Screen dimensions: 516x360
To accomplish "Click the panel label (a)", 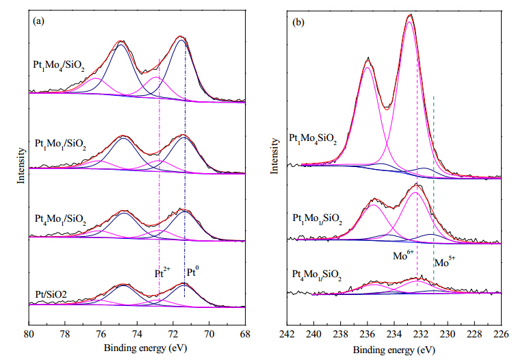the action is tap(38, 22).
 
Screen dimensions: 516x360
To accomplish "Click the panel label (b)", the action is tap(298, 23).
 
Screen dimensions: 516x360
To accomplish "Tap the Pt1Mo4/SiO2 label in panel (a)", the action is tap(59, 65).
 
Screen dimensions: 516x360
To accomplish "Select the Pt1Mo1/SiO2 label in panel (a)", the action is tap(60, 144).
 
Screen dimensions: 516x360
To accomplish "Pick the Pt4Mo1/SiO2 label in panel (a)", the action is tap(60, 219).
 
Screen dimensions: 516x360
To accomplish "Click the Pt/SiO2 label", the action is tap(51, 294).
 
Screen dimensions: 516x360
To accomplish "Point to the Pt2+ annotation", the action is tap(163, 272).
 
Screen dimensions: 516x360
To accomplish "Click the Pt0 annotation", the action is tap(193, 272).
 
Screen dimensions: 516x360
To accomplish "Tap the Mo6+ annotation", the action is tap(403, 255).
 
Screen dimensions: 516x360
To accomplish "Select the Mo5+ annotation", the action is tap(445, 262).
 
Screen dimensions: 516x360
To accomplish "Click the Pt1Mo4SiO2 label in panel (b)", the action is tap(313, 138).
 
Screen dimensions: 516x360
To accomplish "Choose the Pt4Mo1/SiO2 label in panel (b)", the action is tap(317, 275).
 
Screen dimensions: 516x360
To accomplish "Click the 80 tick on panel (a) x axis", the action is tap(29, 334).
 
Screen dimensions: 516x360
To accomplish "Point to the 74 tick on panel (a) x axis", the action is tap(138, 334).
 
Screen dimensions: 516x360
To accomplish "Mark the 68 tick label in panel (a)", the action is tap(245, 334).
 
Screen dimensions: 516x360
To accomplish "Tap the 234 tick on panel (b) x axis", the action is tap(394, 335).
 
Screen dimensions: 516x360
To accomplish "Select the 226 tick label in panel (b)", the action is tap(501, 335).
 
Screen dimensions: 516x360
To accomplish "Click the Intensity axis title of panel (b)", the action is tap(274, 156).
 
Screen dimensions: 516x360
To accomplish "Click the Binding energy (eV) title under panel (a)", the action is tap(146, 348).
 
